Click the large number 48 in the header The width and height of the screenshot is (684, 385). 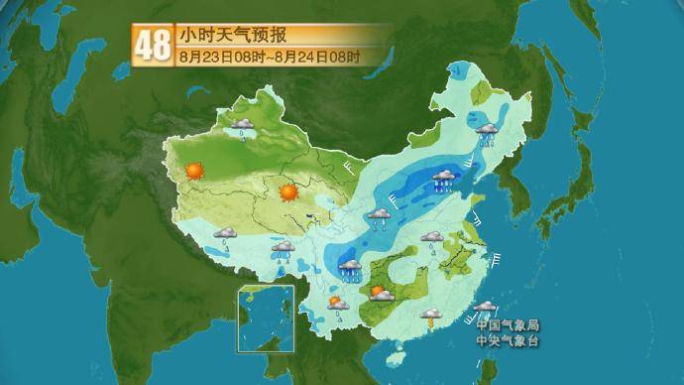click(x=153, y=45)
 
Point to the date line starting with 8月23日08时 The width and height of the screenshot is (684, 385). click(x=269, y=55)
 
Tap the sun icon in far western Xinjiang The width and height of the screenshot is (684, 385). click(x=194, y=170)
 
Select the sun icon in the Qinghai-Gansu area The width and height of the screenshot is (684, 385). click(x=288, y=192)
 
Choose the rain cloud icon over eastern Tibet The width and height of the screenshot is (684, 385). click(x=284, y=250)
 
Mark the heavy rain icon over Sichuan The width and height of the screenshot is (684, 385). click(x=351, y=268)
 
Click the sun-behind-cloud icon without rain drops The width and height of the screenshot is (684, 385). click(x=380, y=293)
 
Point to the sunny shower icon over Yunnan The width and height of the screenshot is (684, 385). click(x=337, y=306)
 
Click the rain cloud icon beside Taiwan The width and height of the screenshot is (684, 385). click(x=485, y=309)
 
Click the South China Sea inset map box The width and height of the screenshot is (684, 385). click(x=265, y=319)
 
